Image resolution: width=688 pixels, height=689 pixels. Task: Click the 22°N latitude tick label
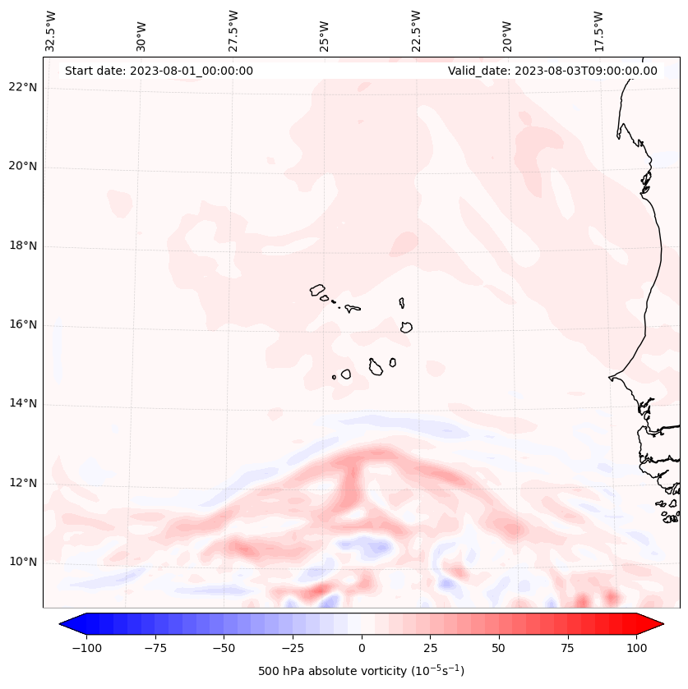(23, 87)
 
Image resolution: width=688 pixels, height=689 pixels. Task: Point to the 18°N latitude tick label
(23, 246)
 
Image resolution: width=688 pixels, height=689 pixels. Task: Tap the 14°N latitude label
(23, 404)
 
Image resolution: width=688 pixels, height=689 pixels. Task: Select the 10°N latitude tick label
(23, 563)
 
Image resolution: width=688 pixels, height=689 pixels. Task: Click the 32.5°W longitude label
(51, 30)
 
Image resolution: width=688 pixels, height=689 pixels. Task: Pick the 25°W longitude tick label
(325, 33)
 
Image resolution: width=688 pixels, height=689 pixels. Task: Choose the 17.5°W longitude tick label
(598, 30)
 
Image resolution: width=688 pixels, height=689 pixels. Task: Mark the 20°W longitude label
(507, 33)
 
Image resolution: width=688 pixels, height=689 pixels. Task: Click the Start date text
(159, 71)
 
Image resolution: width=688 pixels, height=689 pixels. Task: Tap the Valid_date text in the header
(552, 71)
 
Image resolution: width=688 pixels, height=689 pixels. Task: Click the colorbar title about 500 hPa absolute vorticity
(361, 671)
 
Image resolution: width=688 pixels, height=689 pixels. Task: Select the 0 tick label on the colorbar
(361, 648)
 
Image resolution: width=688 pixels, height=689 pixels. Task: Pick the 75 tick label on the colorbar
(567, 648)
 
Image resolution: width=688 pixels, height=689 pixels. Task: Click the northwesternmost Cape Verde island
(317, 289)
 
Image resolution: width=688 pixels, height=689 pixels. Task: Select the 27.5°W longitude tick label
(233, 30)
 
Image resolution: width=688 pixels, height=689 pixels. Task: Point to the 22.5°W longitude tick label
(416, 30)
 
